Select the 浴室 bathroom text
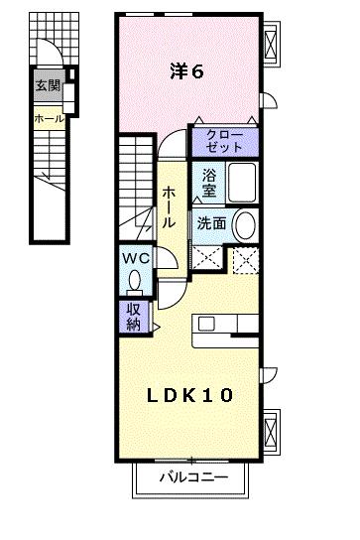pos(209,183)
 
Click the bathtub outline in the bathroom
pos(241,184)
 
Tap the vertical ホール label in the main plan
pos(171,205)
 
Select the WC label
pos(135,259)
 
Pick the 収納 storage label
pos(133,317)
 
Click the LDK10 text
pos(191,395)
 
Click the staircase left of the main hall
pos(136,184)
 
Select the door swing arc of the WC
pos(169,260)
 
